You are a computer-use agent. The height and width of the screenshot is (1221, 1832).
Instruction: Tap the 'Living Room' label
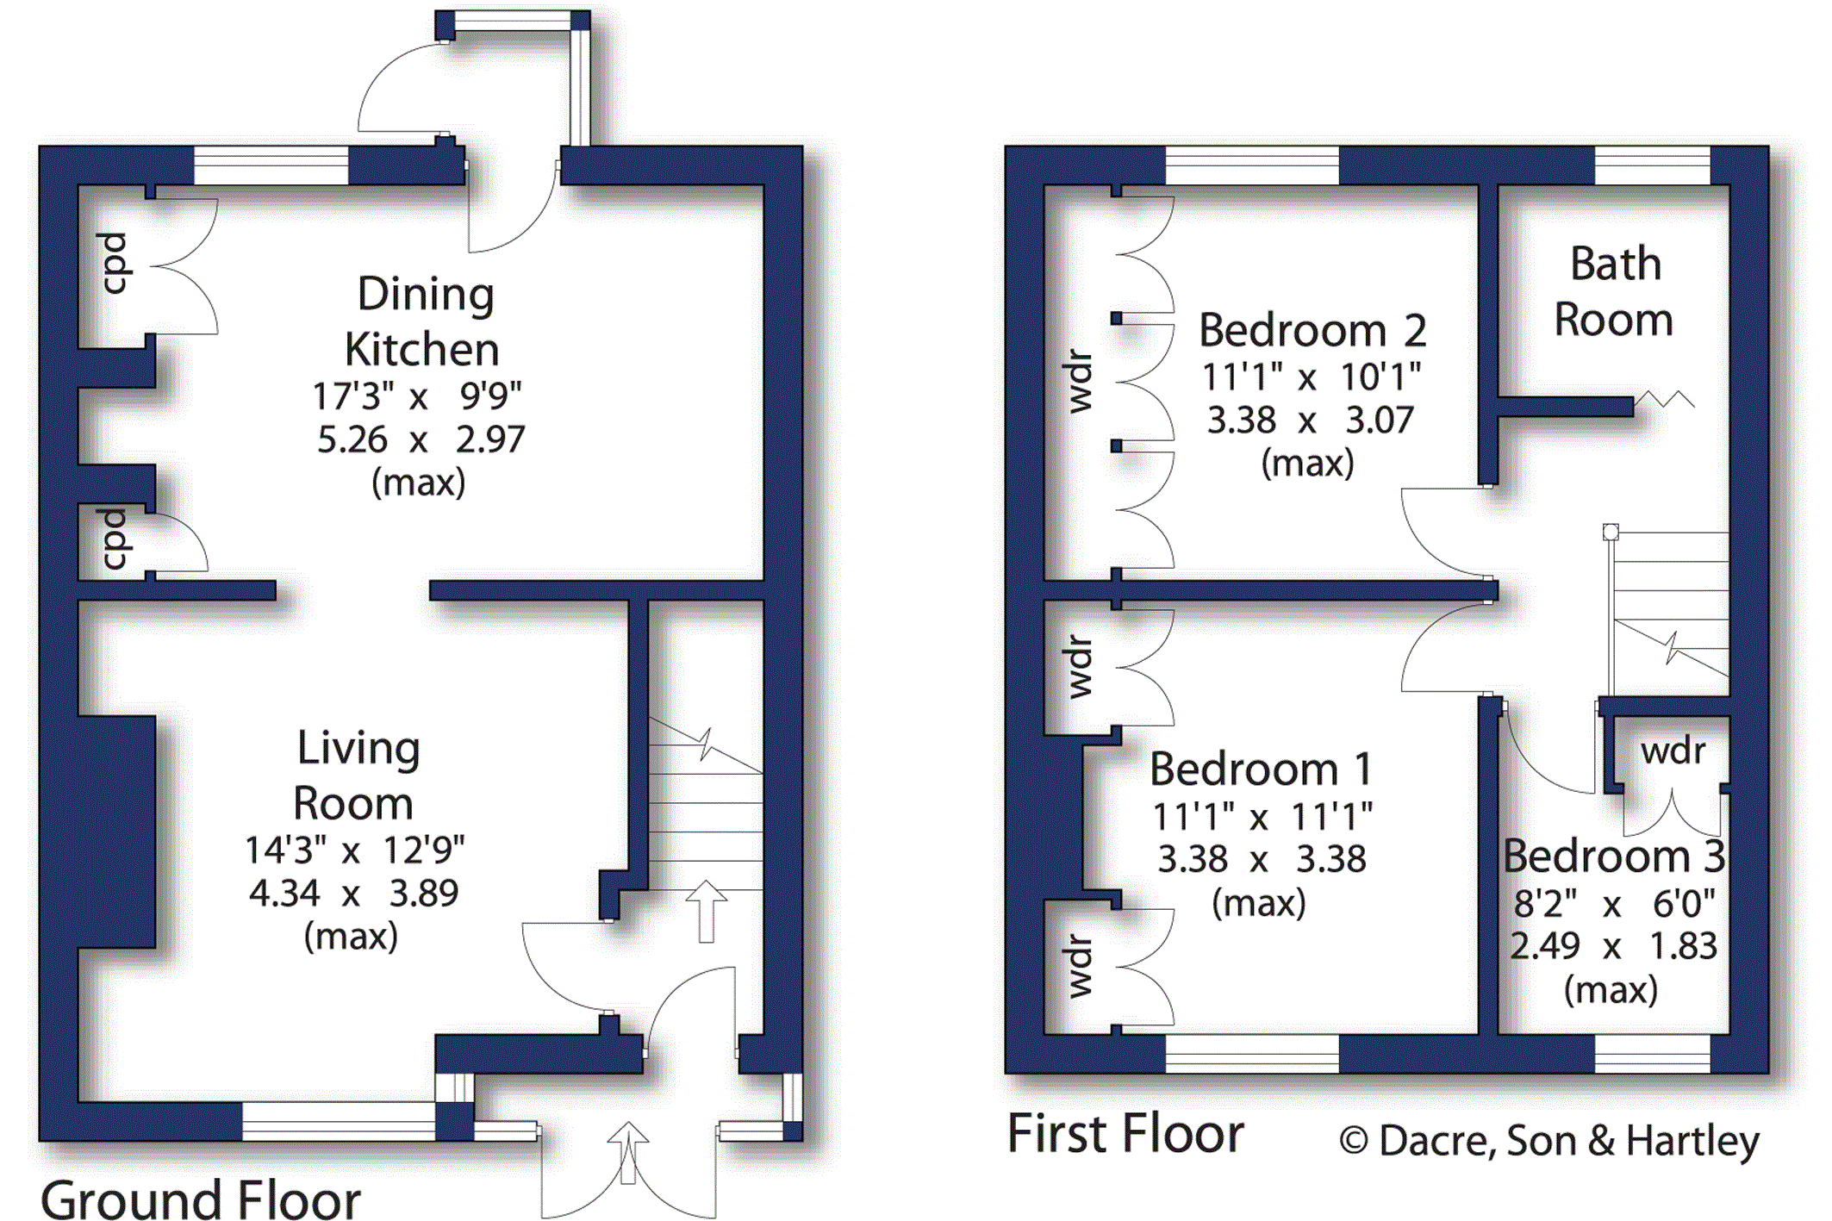coord(356,775)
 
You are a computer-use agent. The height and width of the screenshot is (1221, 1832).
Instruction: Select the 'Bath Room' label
coord(1614,291)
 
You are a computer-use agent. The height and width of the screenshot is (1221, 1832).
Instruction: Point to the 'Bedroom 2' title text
coord(1312,330)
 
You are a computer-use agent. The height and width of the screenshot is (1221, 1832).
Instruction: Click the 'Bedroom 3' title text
coord(1614,856)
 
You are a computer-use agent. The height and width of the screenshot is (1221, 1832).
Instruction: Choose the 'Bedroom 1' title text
coord(1261,769)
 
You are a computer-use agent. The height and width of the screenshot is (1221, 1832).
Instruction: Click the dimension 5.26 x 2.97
coord(421,439)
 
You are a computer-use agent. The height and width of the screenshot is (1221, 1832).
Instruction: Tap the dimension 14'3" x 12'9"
coord(354,850)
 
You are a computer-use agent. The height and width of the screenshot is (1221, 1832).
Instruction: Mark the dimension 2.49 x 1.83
coord(1614,946)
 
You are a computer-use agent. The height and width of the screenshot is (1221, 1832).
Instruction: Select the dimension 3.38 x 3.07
coord(1311,420)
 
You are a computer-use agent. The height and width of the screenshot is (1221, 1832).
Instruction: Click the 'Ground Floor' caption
coord(201,1199)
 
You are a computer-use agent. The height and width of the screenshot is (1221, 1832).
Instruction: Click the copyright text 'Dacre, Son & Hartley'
coord(1568,1141)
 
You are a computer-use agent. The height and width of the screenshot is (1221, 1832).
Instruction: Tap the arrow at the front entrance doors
coord(628,1152)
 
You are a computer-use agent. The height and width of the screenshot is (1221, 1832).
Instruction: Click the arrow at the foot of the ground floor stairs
coord(707,911)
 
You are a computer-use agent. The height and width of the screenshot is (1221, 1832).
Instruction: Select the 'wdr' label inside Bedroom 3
coord(1673,751)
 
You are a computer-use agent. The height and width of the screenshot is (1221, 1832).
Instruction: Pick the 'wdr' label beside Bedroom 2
coord(1079,382)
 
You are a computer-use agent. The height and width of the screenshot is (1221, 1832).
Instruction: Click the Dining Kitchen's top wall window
coord(271,165)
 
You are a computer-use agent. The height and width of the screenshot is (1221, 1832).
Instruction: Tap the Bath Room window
coord(1652,165)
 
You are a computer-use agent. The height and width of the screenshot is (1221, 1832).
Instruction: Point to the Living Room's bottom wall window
coord(339,1121)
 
